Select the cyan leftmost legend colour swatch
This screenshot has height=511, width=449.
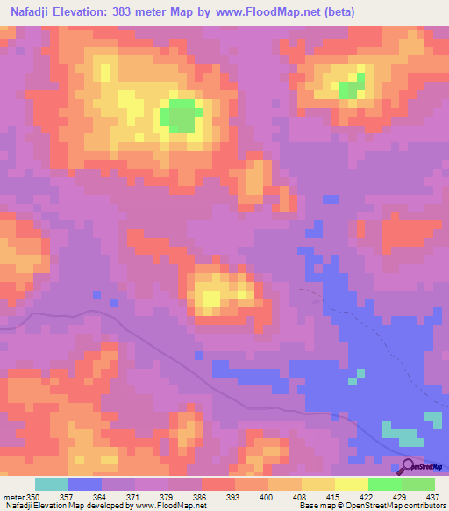pos(52,484)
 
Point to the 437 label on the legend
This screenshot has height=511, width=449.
pos(431,497)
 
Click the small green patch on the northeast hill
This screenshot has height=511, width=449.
pos(352,86)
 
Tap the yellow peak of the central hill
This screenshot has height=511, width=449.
pos(211,296)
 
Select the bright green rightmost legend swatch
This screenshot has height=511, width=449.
pos(418,484)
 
